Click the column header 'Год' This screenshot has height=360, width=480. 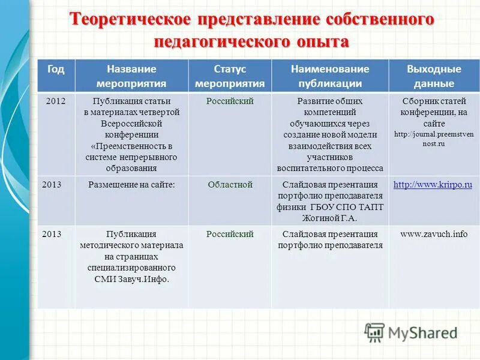[x=56, y=69]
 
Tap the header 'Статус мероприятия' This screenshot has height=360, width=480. [x=230, y=76]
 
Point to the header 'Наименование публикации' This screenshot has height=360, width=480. [x=330, y=76]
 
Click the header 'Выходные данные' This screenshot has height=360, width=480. [x=433, y=76]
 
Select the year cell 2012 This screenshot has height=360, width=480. [x=56, y=101]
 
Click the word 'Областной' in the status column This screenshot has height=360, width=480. [x=230, y=185]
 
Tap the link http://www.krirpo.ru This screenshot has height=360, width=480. [x=433, y=185]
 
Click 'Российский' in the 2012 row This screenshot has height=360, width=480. [x=230, y=101]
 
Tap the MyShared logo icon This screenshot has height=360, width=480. [x=375, y=332]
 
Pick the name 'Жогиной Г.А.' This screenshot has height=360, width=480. [x=330, y=218]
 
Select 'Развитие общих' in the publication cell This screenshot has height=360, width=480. [x=330, y=101]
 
